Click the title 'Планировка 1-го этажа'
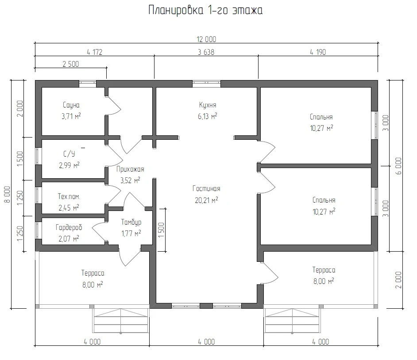coord(205,11)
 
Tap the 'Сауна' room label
coord(71,105)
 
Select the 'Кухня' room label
coord(208,105)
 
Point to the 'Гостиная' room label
coord(206,188)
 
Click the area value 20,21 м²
coord(206,200)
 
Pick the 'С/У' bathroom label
coord(69,153)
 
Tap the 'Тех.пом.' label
coord(69,197)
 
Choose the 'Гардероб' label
coord(69,227)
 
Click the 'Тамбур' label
coord(131,222)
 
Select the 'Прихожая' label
coord(130,169)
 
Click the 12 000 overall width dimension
coord(206,39)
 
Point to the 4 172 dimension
coord(94,52)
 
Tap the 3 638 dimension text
coord(206,52)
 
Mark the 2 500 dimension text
coord(71,64)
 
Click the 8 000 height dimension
coord(8,195)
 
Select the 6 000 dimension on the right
coord(399,166)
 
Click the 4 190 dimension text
coord(318,52)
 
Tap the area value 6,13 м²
coord(208,116)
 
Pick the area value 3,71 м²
coord(71,116)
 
